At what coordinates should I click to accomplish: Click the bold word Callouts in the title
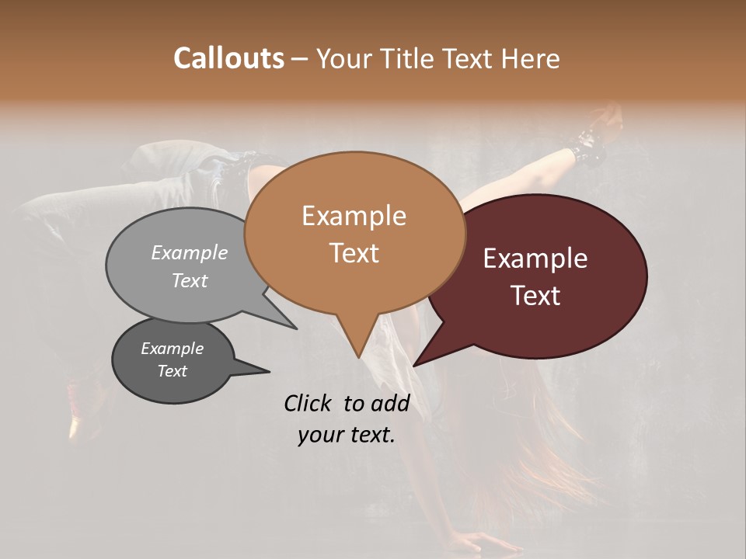[228, 58]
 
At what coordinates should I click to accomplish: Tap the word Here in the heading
[532, 58]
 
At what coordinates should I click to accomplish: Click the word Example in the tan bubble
[354, 216]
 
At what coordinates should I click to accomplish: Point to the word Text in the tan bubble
[354, 253]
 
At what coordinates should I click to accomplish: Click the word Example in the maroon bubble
[535, 259]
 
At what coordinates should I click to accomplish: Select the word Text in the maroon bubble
[535, 296]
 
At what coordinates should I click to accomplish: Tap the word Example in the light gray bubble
[190, 252]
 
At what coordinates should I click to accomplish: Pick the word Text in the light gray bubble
[190, 280]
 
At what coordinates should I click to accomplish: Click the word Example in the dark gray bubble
[173, 349]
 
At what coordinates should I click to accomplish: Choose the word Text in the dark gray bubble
[173, 371]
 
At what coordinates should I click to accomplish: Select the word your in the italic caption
[319, 435]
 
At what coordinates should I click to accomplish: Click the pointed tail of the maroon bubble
[417, 363]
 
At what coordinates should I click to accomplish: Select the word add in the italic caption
[390, 403]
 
